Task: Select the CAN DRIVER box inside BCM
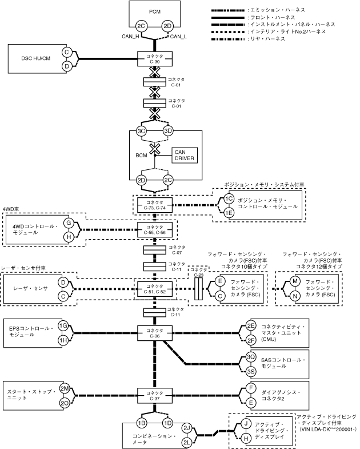[x=185, y=155]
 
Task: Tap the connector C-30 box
[x=154, y=58]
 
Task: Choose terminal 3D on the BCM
[x=167, y=131]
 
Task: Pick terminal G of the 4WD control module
[x=68, y=222]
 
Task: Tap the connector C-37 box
[x=154, y=396]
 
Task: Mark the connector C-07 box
[x=154, y=251]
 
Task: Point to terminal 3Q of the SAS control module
[x=250, y=357]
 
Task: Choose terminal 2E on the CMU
[x=250, y=326]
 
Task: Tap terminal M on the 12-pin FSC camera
[x=295, y=281]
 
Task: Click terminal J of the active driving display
[x=246, y=424]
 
